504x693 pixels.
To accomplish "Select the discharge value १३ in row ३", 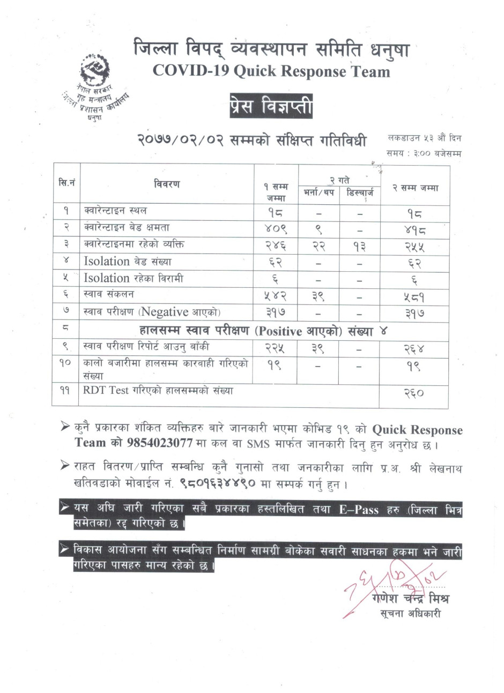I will pos(359,245).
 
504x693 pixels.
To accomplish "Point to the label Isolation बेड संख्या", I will pos(128,262).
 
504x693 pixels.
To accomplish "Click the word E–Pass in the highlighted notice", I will pos(359,510).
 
